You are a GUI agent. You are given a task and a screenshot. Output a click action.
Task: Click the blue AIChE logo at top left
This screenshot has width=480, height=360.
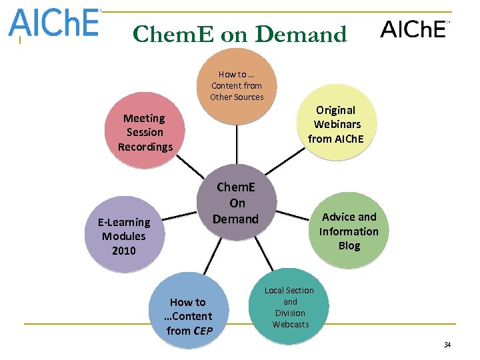pos(53,24)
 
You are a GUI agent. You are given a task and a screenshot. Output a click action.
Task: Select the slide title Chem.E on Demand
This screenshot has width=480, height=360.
pos(240,34)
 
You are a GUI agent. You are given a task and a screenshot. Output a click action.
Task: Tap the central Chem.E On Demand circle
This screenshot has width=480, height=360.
pos(237,203)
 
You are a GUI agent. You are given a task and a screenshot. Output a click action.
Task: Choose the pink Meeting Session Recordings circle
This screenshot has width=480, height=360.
pos(145,131)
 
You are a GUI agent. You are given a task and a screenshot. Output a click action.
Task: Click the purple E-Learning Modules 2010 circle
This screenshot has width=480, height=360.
pos(124,235)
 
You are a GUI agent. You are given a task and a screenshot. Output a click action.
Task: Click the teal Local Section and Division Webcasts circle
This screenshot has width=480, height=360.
pos(289,307)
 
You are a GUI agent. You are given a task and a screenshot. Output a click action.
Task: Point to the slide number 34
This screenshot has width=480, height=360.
pos(447,345)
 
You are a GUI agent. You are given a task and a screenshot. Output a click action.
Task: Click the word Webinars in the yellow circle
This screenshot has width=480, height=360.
pos(337,124)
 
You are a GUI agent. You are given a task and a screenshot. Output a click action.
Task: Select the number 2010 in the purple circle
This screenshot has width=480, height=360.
pos(124,251)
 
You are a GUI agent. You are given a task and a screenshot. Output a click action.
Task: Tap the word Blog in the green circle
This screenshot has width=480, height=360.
pos(349,246)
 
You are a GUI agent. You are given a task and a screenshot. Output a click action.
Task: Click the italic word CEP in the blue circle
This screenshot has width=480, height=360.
pos(202,331)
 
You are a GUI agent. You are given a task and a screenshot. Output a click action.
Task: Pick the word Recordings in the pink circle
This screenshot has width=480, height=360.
pos(145,147)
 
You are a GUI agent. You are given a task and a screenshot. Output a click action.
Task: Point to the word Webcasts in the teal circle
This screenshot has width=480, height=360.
pos(290,325)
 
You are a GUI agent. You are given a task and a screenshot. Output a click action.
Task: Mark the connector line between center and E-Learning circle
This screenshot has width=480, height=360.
pos(182,215)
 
